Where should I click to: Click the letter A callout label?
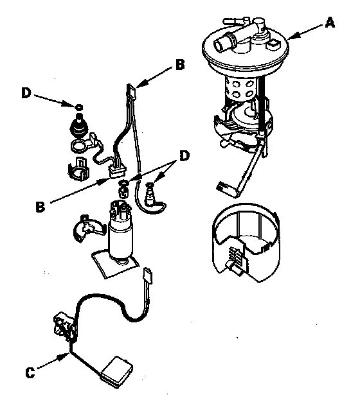[330, 22]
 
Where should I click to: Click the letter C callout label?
[30, 372]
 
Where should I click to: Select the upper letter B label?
[180, 64]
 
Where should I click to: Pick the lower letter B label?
[40, 206]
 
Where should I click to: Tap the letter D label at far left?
[26, 93]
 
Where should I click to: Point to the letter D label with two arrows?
[184, 156]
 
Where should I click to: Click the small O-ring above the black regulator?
[79, 107]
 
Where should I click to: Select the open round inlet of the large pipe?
[219, 46]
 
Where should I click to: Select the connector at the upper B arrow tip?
[131, 91]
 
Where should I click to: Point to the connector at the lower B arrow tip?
[117, 171]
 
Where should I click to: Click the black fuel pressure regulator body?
[79, 126]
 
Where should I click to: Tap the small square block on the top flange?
[273, 46]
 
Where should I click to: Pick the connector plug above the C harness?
[148, 275]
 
